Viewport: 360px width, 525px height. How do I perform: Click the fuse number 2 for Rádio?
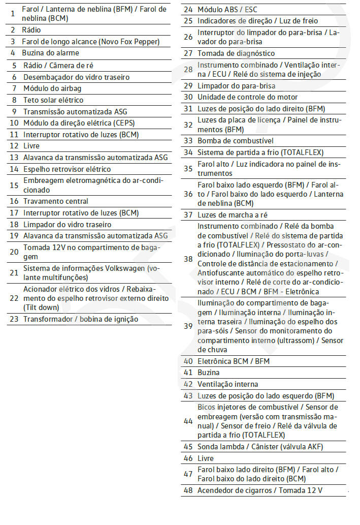point(13,30)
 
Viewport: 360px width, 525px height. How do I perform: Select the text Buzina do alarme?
point(50,53)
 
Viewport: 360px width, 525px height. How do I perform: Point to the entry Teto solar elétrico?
point(53,100)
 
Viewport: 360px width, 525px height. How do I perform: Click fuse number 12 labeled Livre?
point(14,146)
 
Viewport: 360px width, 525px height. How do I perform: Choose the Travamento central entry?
point(56,201)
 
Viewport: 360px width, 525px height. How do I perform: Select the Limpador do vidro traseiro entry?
point(68,225)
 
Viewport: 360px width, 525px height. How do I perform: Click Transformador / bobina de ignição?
point(81,319)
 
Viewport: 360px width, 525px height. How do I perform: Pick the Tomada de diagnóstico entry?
point(236,53)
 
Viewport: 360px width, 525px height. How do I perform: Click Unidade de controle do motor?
point(247,97)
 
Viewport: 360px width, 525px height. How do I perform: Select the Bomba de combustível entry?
point(236,141)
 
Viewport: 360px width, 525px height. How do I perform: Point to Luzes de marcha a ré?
point(232,215)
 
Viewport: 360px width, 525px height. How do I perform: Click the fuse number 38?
point(188,259)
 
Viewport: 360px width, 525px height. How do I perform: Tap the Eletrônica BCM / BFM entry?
point(234,361)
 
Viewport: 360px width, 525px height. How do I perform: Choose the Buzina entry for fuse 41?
point(209,373)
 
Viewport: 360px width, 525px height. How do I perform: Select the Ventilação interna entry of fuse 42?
point(227,384)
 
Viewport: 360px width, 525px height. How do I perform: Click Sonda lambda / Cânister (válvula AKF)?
point(260,447)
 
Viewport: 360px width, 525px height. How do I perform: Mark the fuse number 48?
point(188,490)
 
